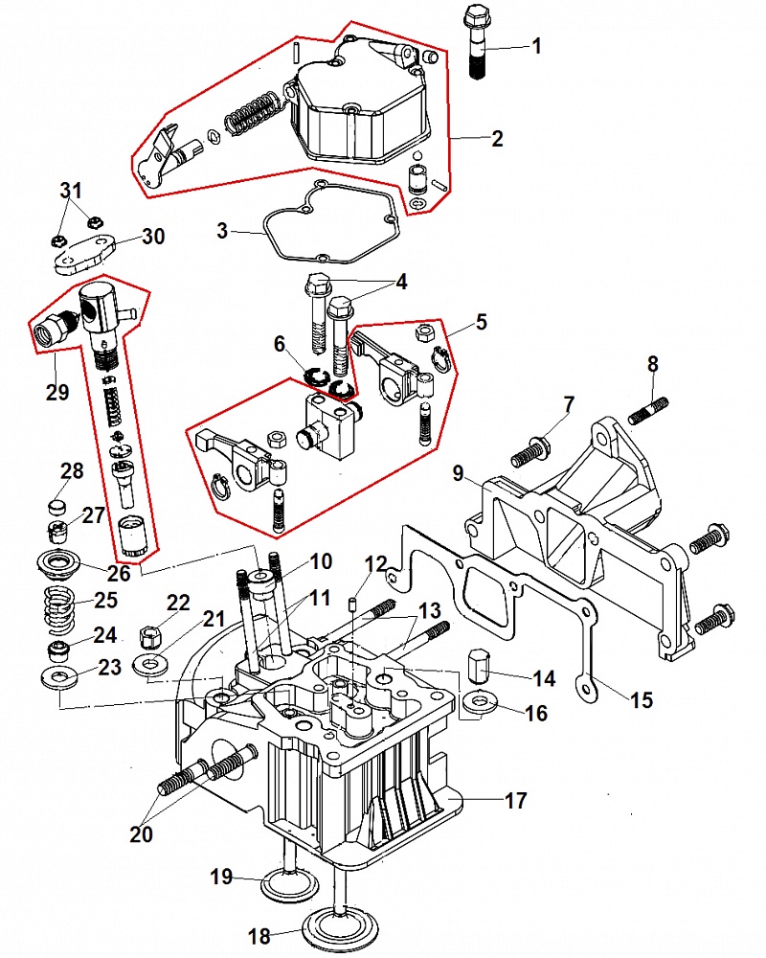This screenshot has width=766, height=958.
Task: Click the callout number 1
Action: [x=536, y=44]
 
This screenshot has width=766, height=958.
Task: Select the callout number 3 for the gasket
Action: [x=222, y=231]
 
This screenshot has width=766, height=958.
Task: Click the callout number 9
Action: [x=458, y=472]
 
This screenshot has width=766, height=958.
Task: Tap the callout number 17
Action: [x=515, y=801]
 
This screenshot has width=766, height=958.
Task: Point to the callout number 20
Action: [x=141, y=834]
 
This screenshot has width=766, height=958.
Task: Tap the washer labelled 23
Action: [x=62, y=678]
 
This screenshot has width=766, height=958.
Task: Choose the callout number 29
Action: [x=56, y=391]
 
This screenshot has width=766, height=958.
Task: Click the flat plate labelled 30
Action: [x=82, y=252]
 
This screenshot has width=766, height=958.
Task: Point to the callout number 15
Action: [x=642, y=700]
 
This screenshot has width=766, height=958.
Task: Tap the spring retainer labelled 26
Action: [x=63, y=561]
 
